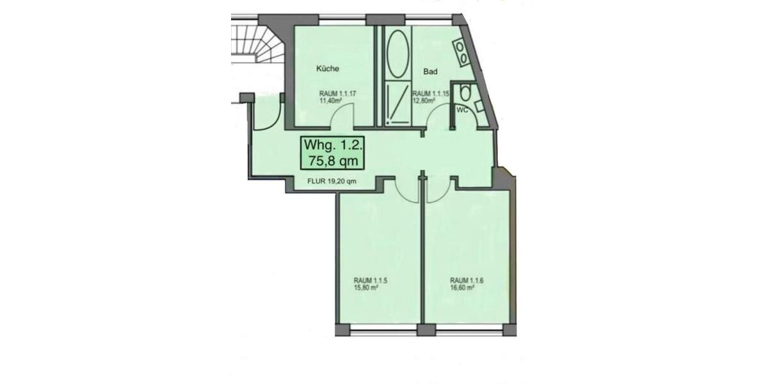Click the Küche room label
coord(327,68)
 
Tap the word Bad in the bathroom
coord(430,72)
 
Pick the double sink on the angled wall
coord(462,52)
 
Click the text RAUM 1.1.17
coord(337,93)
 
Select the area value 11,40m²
coord(331,100)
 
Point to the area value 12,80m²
coord(424,100)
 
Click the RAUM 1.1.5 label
coord(371,280)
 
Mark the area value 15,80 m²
coord(366,287)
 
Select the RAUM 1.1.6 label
coord(468,280)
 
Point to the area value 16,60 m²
coord(462,287)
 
